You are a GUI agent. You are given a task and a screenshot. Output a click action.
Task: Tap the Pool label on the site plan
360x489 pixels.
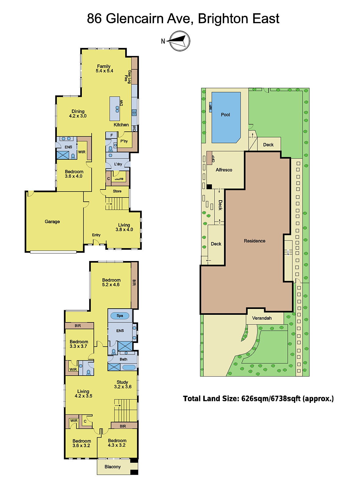click(x=225, y=115)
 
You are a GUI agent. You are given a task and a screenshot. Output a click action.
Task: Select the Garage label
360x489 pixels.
click(x=52, y=222)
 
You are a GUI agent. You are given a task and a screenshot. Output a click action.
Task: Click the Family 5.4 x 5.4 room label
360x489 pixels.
click(x=104, y=68)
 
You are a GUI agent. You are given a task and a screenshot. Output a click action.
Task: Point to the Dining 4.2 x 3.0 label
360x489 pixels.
click(x=78, y=114)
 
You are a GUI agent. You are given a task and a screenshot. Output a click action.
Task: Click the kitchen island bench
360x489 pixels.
click(x=115, y=108)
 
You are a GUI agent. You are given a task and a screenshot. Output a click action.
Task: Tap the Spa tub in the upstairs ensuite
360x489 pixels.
click(x=120, y=316)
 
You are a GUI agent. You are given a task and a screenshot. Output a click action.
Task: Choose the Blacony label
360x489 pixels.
click(x=112, y=467)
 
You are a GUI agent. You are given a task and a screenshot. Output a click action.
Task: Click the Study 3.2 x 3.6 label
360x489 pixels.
click(x=122, y=384)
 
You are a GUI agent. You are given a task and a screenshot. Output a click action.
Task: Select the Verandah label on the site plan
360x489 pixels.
click(x=262, y=318)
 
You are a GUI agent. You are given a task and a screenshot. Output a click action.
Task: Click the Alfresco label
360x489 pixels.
click(x=224, y=170)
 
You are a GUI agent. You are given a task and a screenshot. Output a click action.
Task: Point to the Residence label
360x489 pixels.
click(x=254, y=241)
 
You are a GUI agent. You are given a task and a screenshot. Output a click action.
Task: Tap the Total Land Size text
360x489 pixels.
click(x=258, y=399)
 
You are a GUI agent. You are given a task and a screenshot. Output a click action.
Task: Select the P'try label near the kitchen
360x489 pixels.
click(x=124, y=141)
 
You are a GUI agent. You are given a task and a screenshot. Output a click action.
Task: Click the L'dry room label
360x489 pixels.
click(x=118, y=164)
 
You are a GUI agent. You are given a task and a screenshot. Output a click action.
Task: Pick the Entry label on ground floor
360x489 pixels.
click(x=96, y=235)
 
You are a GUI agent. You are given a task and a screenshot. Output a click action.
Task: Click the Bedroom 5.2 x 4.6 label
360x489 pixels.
click(x=111, y=282)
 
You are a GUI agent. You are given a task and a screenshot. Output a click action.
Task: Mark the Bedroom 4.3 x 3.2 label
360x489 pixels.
click(x=117, y=443)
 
